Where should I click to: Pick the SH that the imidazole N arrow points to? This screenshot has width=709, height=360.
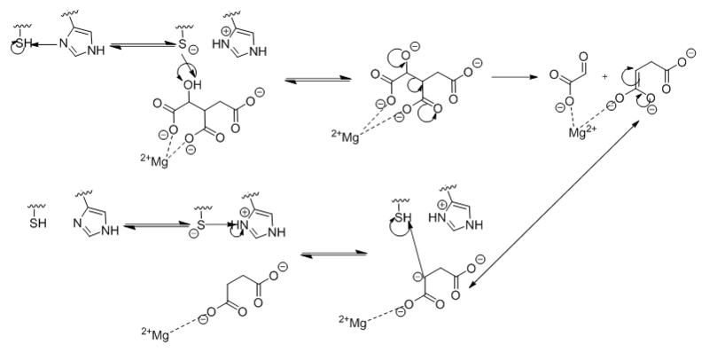click(19, 43)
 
